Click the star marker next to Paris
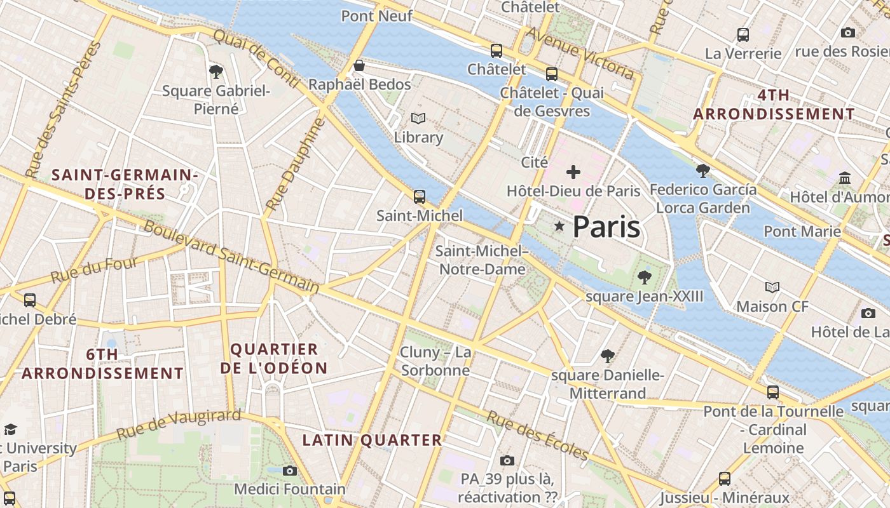coord(559,226)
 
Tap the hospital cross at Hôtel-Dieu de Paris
coord(573,172)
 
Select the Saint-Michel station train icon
coord(419,197)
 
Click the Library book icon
coord(418,119)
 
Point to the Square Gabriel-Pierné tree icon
coord(216,71)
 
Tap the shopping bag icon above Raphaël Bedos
coord(359,65)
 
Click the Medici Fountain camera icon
coord(290,471)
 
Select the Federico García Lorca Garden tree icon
coord(703,170)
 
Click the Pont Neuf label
coord(377,16)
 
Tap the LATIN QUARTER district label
coord(372,440)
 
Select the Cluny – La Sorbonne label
coord(436,361)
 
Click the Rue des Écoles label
coord(538,436)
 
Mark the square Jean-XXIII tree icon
coord(645,277)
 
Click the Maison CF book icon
coord(772,288)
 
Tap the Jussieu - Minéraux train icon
coord(725,478)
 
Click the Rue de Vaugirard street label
coord(179,425)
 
